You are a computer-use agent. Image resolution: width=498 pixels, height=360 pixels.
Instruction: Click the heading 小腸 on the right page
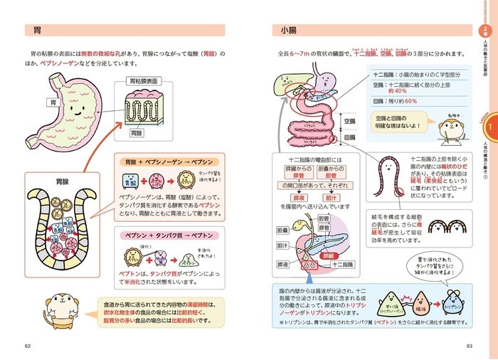288,31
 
